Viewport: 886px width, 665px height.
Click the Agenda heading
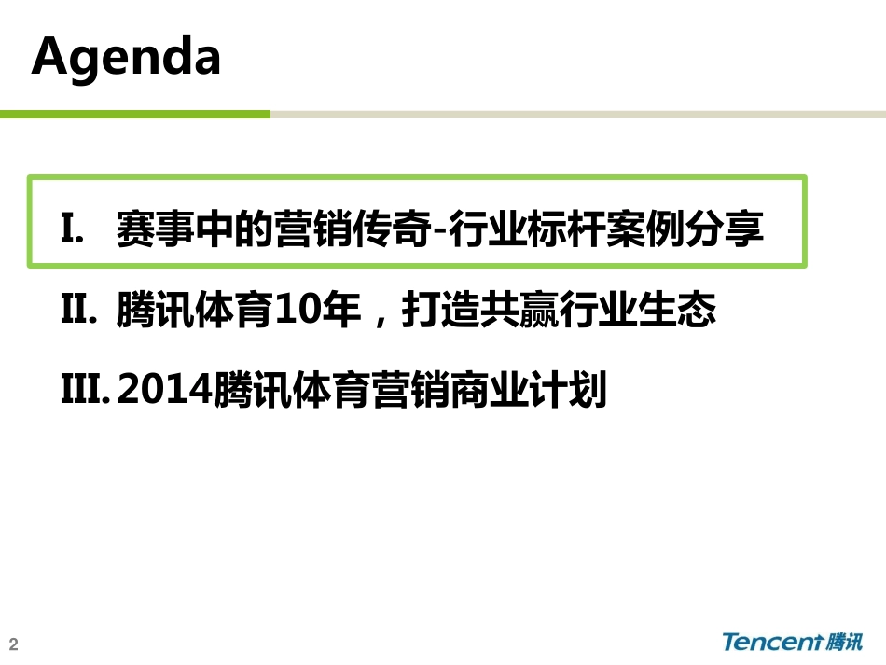126,57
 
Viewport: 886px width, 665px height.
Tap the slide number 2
14,644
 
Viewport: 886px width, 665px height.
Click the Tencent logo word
773,642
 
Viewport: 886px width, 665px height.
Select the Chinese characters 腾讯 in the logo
844,642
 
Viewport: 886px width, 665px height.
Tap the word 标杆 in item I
565,229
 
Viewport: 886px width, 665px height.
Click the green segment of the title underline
135,114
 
